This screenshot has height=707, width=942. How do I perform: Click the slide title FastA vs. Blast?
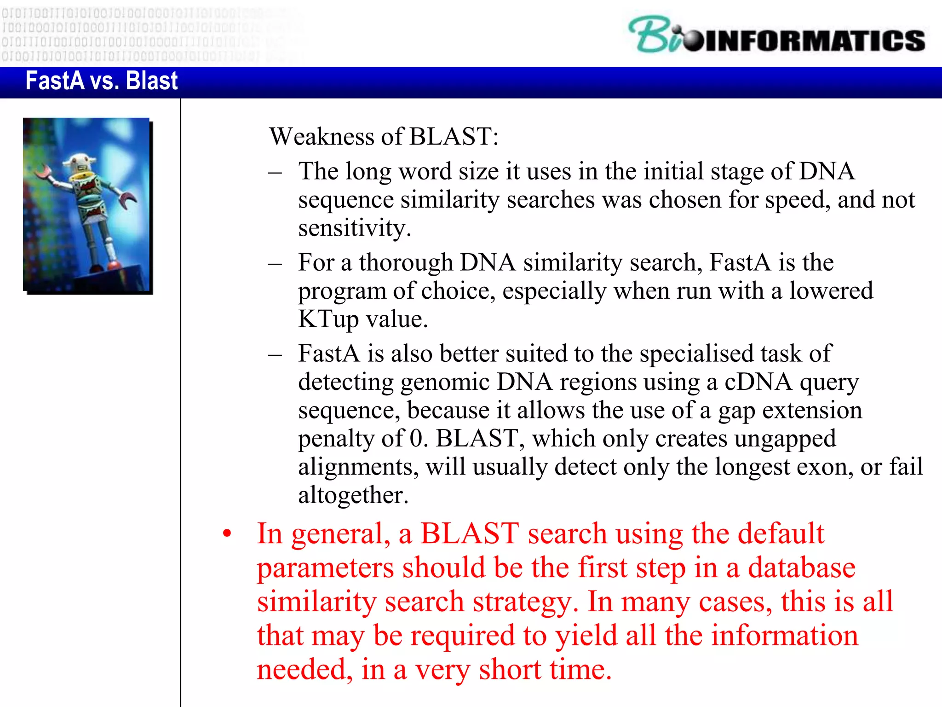tap(101, 81)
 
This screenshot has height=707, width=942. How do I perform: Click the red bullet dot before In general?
tap(227, 534)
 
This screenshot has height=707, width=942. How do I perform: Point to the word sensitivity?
tap(354, 228)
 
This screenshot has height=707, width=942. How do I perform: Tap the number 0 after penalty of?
tap(416, 438)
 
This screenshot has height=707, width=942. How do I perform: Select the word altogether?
tap(353, 495)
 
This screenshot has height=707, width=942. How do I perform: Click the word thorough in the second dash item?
tap(406, 262)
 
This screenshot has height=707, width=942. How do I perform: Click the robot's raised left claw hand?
tap(43, 172)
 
